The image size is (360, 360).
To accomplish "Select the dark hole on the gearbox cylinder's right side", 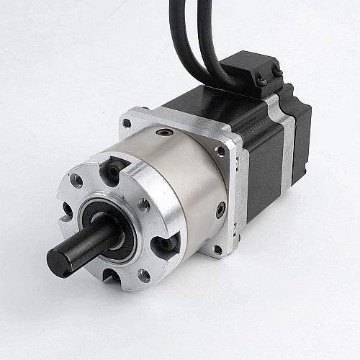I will (220, 210).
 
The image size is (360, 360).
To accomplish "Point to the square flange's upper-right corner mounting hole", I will (220, 151).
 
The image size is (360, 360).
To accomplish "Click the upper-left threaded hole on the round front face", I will (76, 181).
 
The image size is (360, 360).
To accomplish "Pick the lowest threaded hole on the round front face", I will (144, 274).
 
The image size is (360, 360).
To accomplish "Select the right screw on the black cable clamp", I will (276, 71).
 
